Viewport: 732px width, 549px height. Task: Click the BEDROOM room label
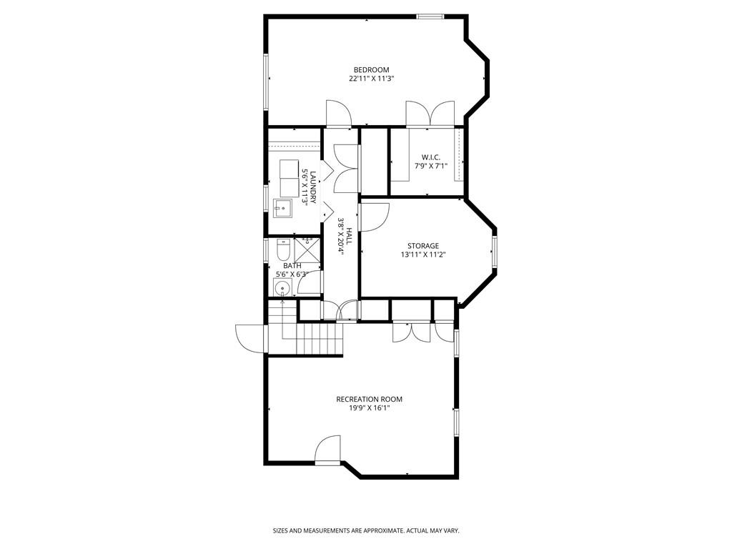pos(371,69)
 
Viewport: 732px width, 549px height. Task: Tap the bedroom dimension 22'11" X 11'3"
pos(371,79)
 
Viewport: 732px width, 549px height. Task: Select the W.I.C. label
pos(430,157)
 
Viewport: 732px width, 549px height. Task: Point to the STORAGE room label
pos(423,246)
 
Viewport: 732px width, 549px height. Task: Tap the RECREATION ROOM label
pos(369,399)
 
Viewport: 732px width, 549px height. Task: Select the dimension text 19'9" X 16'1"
pos(369,408)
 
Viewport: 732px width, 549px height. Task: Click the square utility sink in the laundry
pos(283,208)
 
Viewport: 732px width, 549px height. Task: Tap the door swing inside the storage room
pos(374,217)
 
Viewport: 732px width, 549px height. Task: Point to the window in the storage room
pos(494,250)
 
